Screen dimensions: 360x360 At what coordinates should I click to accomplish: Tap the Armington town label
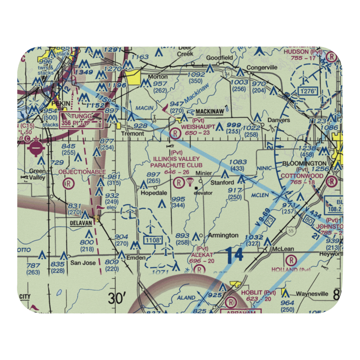223,235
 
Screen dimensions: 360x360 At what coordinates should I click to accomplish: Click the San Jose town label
83,263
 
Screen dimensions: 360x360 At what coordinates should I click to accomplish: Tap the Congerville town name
262,67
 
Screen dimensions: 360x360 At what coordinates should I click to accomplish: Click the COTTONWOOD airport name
302,176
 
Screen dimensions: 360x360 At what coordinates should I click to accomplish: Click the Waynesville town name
312,294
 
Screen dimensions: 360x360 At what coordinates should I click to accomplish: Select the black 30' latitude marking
117,298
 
